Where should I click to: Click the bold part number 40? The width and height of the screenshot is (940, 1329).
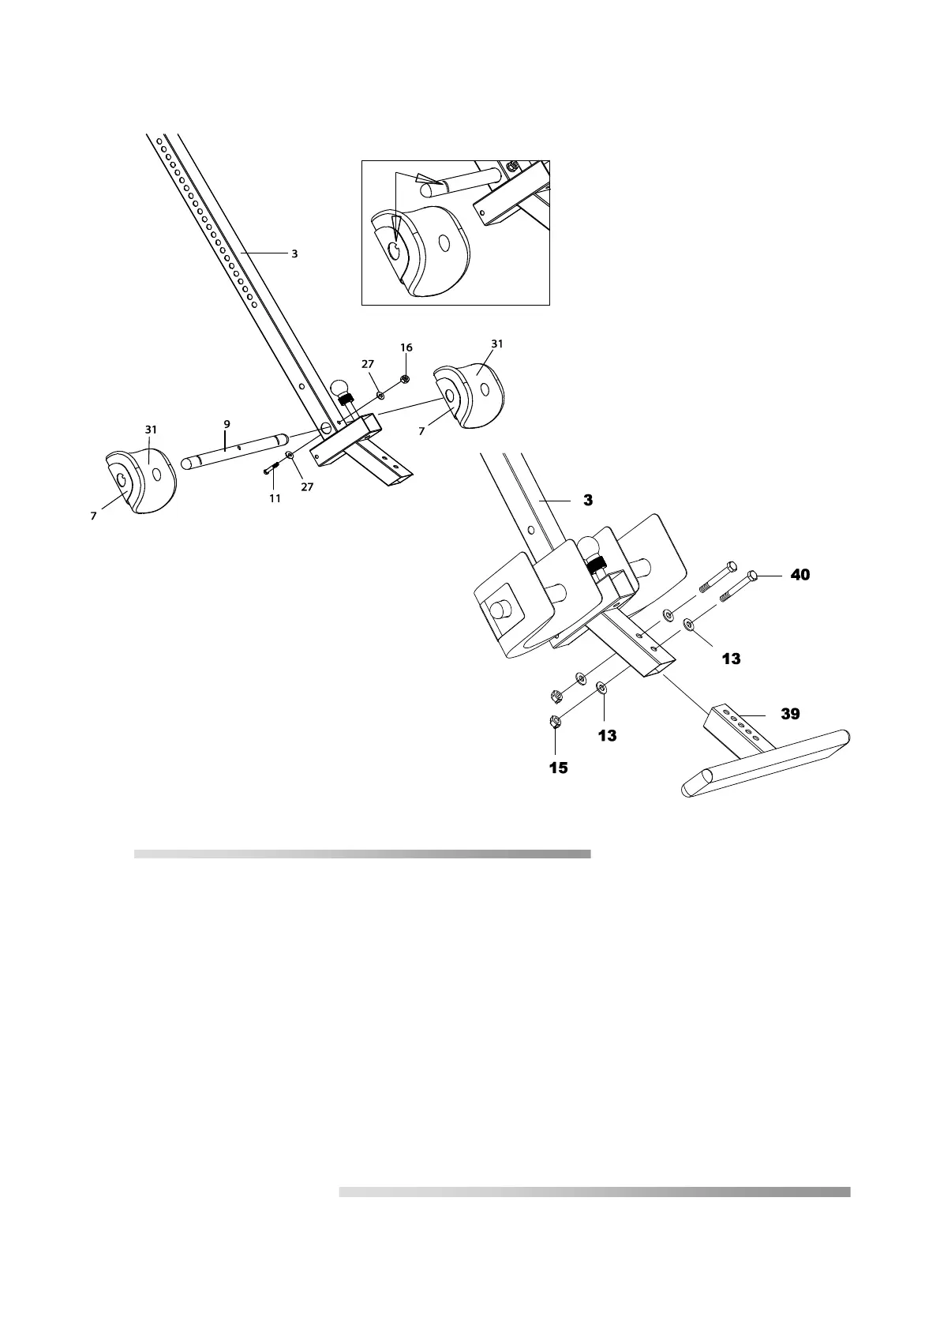coord(800,576)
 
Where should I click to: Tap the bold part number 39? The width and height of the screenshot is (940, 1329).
coord(790,714)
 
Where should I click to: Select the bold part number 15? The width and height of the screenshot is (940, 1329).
coord(558,768)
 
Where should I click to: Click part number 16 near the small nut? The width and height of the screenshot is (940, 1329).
coord(406,347)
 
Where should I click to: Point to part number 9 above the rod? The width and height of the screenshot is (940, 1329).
coord(227,424)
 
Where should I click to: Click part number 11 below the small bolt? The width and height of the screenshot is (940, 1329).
coord(275,498)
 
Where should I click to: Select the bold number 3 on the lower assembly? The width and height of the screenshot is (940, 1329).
coord(587,501)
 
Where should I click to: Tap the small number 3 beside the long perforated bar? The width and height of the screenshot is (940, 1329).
coord(294,254)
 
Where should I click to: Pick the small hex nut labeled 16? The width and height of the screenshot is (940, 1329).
coord(405,379)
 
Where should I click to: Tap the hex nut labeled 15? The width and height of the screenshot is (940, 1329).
coord(554,721)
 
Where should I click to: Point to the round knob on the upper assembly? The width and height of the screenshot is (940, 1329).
coord(341,388)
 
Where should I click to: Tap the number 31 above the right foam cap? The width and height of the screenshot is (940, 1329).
coord(496,344)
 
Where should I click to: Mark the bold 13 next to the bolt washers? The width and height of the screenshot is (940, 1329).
coord(731,658)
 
